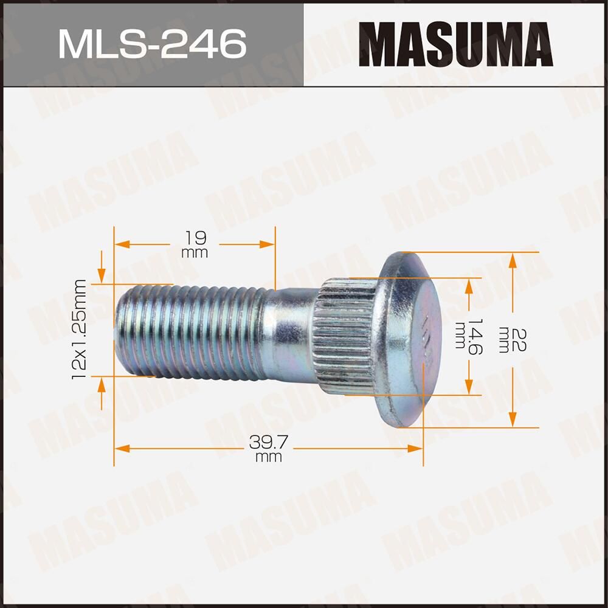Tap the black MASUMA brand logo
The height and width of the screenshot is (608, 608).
455,44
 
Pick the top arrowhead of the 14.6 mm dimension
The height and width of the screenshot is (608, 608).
469,286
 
